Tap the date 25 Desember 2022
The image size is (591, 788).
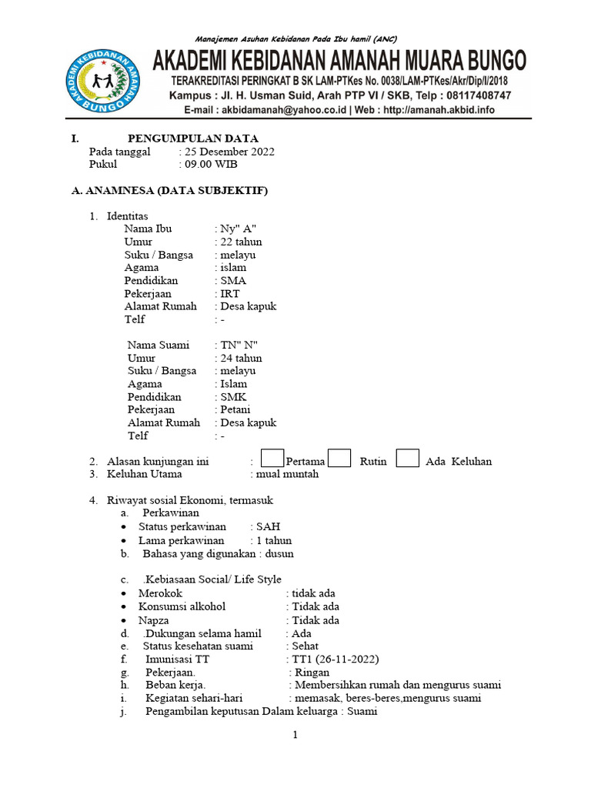229,152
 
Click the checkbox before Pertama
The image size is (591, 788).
272,459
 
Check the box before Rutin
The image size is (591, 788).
339,459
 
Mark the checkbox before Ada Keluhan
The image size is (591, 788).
408,459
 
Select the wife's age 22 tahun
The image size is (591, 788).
242,242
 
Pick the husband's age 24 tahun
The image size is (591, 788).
242,358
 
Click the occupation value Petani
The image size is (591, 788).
235,409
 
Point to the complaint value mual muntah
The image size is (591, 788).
289,474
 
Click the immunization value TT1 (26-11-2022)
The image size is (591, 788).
335,659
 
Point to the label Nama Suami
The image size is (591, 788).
159,345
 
